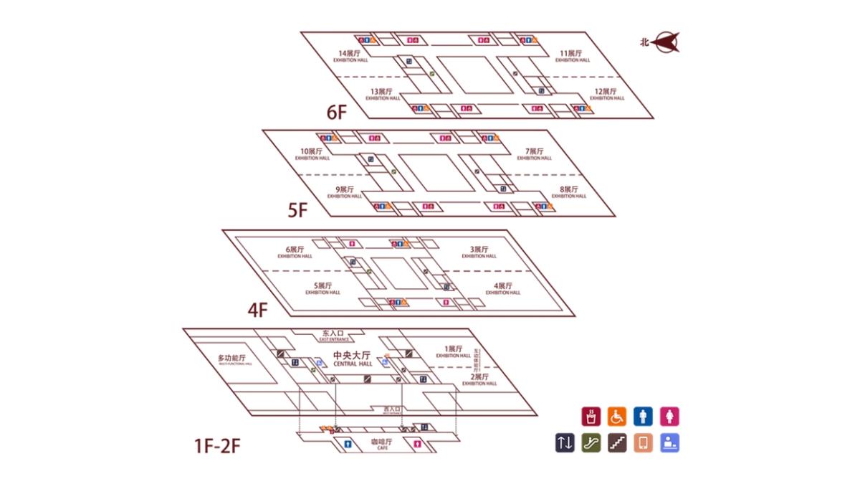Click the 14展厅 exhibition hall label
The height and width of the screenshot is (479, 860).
[x=350, y=55]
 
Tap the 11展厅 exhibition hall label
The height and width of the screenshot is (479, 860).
[x=571, y=55]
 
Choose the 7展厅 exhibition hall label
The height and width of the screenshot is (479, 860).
[x=535, y=153]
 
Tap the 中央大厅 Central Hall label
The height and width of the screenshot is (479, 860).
[x=352, y=358]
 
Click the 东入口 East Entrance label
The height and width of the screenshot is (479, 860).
[x=334, y=334]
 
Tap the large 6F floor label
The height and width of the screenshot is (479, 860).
[x=337, y=113]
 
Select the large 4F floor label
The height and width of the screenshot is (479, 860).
[x=258, y=310]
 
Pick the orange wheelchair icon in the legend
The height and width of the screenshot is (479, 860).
[x=617, y=416]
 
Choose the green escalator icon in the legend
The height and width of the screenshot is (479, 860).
[x=591, y=443]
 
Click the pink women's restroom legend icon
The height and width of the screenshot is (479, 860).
[x=669, y=416]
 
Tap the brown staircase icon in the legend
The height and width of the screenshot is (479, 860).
[x=617, y=443]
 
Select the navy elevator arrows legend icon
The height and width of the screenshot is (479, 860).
[x=565, y=443]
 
